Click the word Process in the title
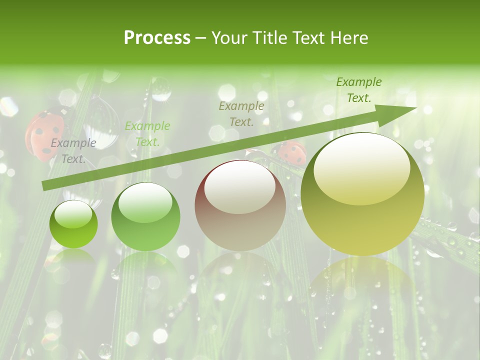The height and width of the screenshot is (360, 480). [x=157, y=38]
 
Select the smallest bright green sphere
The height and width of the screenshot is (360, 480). [x=73, y=224]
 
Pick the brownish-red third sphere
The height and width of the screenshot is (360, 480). [x=240, y=206]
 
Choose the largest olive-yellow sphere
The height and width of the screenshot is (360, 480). [x=362, y=194]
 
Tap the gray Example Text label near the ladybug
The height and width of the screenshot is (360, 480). [x=73, y=151]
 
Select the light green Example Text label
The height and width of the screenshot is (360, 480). [x=147, y=134]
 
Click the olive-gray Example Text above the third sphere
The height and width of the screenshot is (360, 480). [x=241, y=113]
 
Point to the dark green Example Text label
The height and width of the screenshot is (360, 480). [x=358, y=90]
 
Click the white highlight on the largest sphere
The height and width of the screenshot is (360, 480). [x=362, y=169]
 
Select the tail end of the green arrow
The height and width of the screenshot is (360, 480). [x=45, y=185]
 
